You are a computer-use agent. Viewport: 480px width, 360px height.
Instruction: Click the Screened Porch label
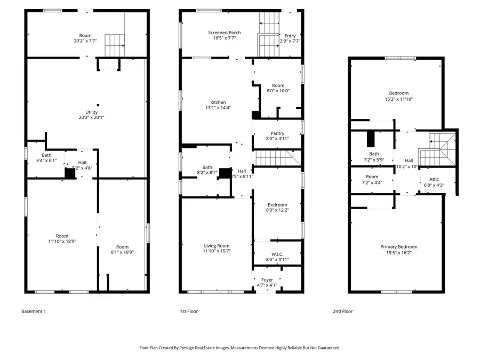pyautogui.click(x=224, y=33)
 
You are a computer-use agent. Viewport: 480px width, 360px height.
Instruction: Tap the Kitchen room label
pyautogui.click(x=218, y=102)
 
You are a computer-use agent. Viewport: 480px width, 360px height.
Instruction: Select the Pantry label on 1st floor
pyautogui.click(x=277, y=133)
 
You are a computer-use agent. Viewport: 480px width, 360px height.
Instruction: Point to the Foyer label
pyautogui.click(x=267, y=280)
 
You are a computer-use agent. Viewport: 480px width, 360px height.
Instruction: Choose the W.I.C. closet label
pyautogui.click(x=277, y=254)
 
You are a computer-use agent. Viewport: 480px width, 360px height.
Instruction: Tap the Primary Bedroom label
pyautogui.click(x=398, y=246)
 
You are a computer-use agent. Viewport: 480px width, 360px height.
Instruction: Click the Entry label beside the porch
pyautogui.click(x=290, y=35)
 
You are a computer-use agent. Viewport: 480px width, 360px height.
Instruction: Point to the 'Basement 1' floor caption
pyautogui.click(x=34, y=311)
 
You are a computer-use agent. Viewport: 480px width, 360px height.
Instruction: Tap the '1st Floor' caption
pyautogui.click(x=189, y=311)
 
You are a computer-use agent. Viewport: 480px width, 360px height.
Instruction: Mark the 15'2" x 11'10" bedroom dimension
pyautogui.click(x=398, y=99)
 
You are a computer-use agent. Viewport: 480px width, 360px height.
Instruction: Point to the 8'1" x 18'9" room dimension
pyautogui.click(x=123, y=252)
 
